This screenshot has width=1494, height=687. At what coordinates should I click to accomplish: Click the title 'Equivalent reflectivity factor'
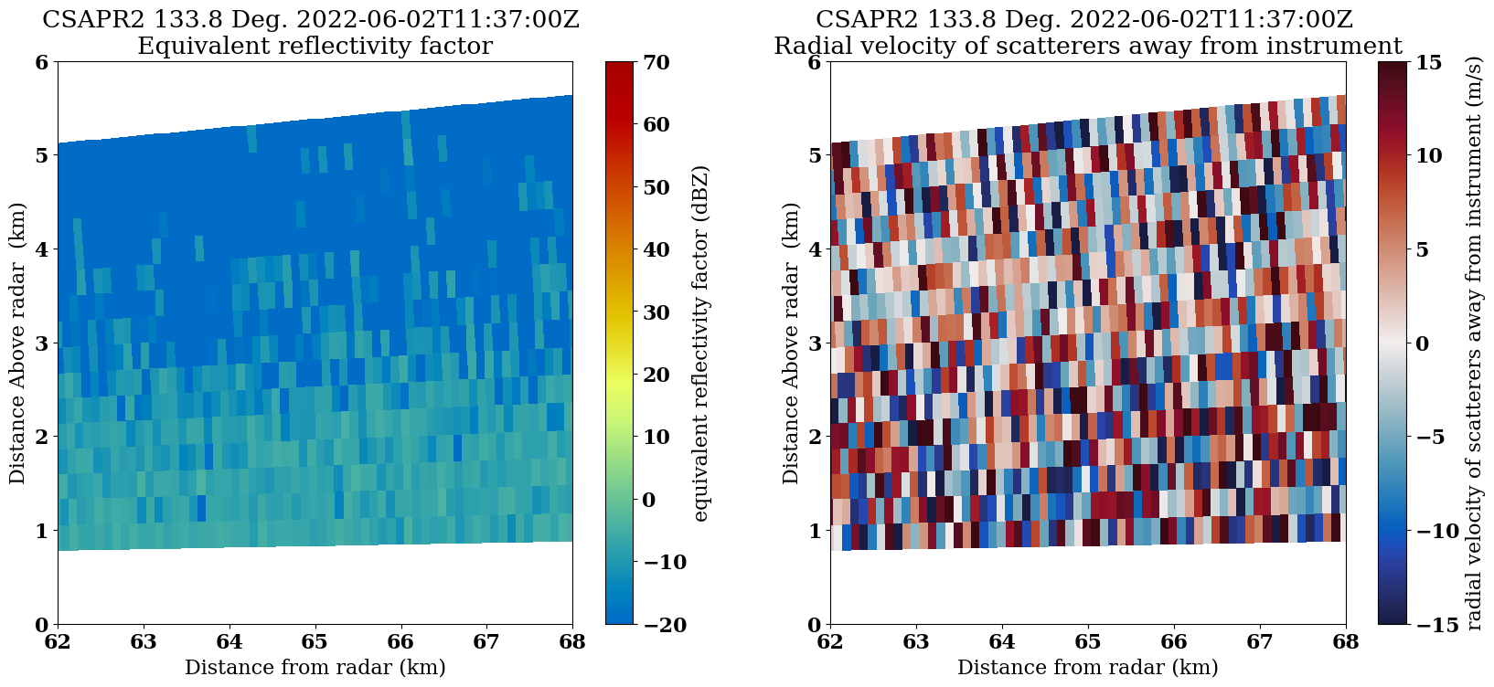click(x=315, y=46)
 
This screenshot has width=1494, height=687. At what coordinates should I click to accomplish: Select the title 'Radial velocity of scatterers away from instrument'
click(x=1087, y=46)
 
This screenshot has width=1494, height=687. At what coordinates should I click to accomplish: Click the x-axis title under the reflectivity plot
click(x=315, y=668)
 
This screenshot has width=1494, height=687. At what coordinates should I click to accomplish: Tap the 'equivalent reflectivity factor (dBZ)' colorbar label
click(x=701, y=343)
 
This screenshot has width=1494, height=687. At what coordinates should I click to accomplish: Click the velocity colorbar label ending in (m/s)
click(x=1474, y=343)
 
